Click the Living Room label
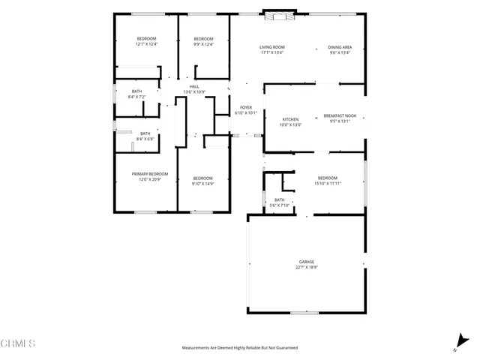272,47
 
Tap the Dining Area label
339,47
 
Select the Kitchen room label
290,119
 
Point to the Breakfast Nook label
340,115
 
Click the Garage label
306,262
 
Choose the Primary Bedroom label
150,174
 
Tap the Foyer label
245,108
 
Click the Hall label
194,87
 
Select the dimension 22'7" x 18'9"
306,267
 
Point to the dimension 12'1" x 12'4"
146,44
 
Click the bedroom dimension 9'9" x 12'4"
203,44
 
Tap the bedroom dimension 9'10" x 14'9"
202,183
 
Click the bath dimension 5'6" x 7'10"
279,205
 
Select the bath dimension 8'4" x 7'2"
145,97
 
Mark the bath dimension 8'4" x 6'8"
145,139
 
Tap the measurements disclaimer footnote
240,348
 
